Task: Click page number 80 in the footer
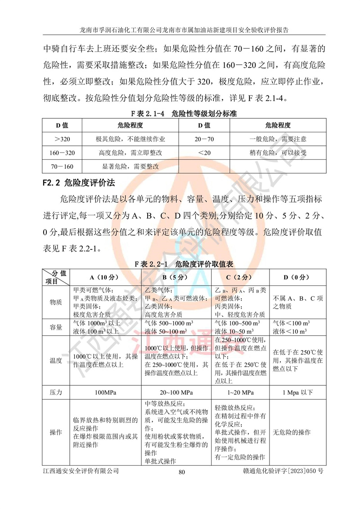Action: pyautogui.click(x=182, y=472)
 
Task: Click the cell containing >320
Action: pyautogui.click(x=62, y=139)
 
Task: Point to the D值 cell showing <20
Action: pyautogui.click(x=204, y=153)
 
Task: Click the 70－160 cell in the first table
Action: pyautogui.click(x=62, y=167)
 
